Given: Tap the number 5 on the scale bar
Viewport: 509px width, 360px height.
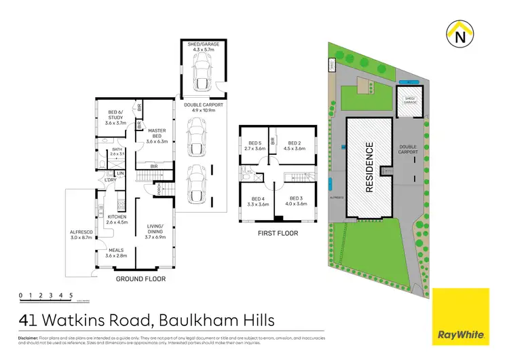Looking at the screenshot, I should coord(71,294).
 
